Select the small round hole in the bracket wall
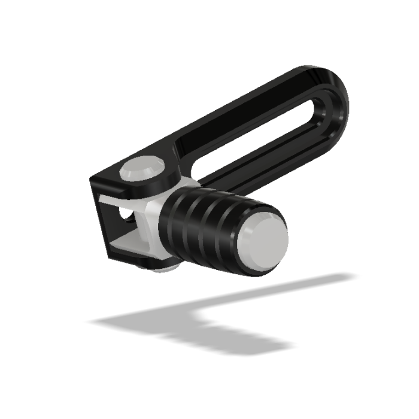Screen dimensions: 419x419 [123, 213]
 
